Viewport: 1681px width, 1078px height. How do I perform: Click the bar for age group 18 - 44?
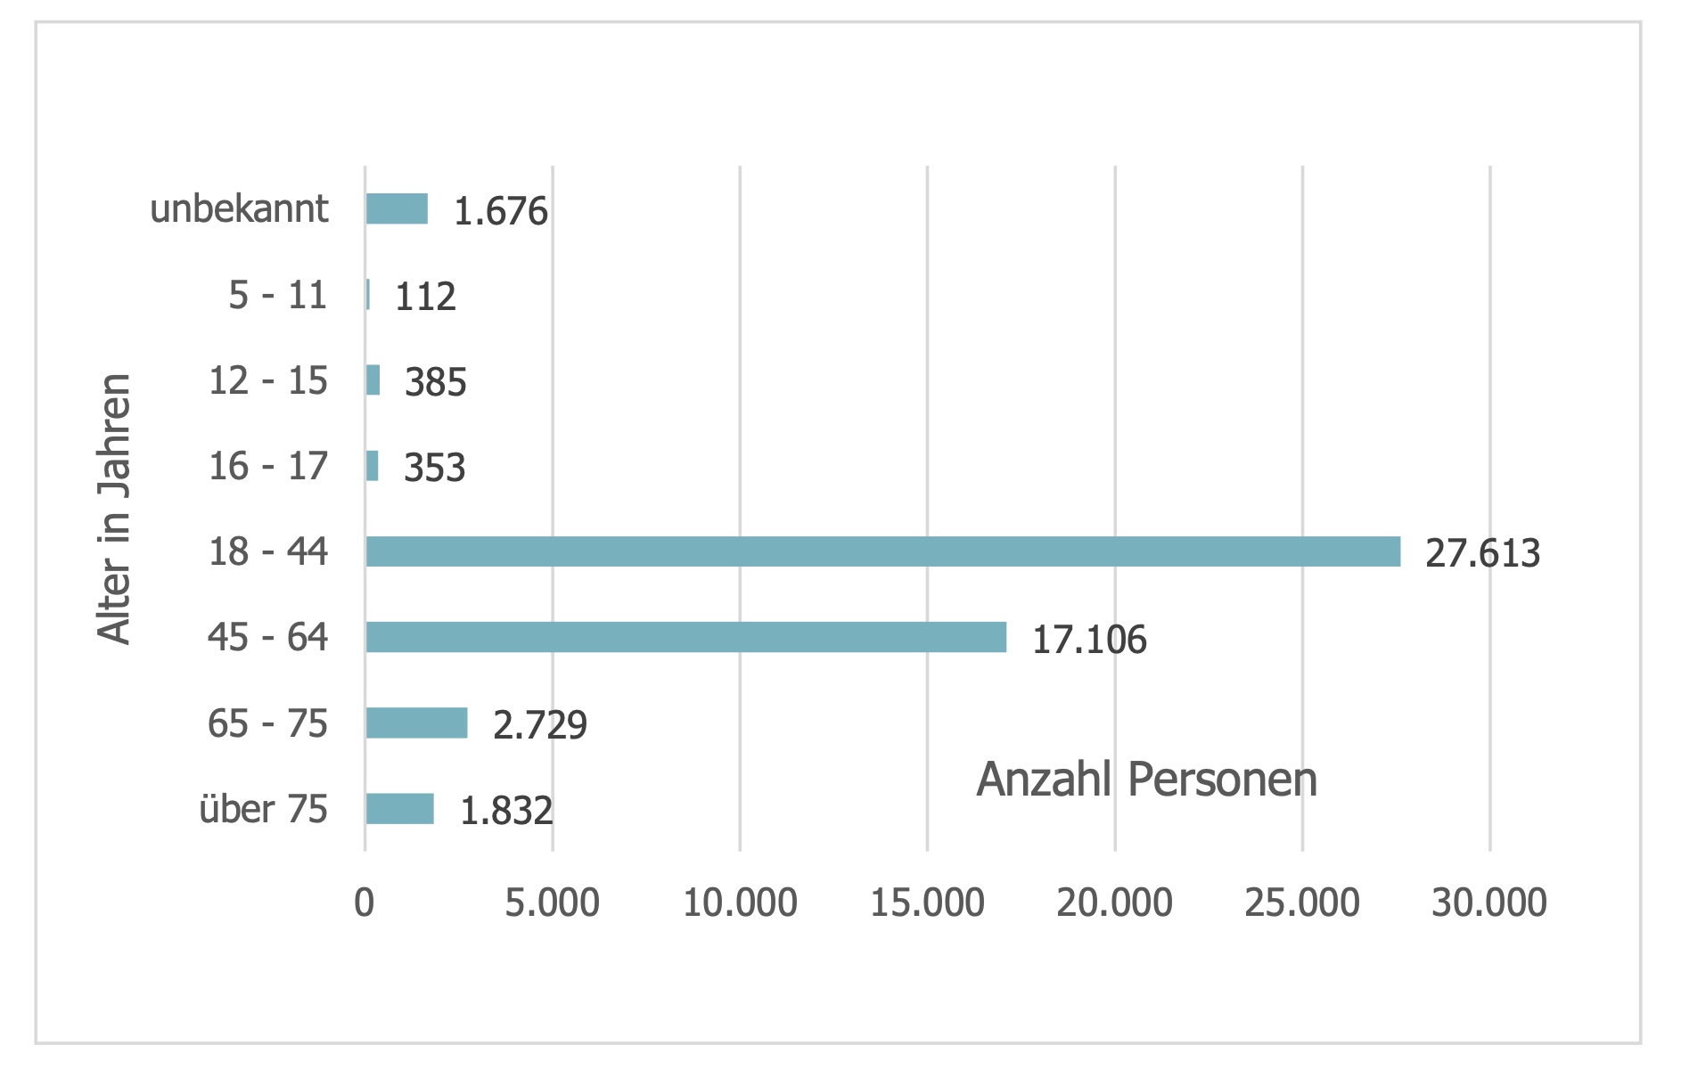pos(882,551)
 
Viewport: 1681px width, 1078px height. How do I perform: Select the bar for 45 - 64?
pos(686,637)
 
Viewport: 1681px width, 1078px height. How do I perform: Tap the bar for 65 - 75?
pos(416,723)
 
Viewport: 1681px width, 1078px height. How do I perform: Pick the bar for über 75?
pos(399,808)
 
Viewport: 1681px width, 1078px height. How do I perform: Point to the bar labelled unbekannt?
pos(397,208)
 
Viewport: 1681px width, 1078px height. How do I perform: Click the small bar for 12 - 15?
pos(373,380)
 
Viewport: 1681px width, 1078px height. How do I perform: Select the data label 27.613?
pos(1482,553)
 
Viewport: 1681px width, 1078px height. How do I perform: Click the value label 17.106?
pos(1088,640)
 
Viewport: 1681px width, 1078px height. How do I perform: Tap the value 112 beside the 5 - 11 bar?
pos(425,297)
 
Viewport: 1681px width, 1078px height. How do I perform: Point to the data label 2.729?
pos(539,725)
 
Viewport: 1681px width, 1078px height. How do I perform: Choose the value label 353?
pos(434,468)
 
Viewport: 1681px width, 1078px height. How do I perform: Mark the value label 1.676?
pos(500,211)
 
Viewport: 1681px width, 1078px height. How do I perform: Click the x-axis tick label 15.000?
pos(927,903)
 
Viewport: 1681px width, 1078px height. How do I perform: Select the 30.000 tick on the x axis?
pos(1488,903)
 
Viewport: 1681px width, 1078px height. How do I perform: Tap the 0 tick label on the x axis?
pos(364,903)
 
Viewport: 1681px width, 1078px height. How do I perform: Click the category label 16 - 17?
pos(268,466)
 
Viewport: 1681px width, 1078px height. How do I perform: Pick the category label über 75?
pos(263,809)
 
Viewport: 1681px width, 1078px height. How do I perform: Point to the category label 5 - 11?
pos(278,295)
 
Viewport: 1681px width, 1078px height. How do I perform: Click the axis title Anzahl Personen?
pos(1146,780)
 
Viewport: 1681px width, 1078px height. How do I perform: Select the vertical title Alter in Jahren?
pos(115,508)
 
